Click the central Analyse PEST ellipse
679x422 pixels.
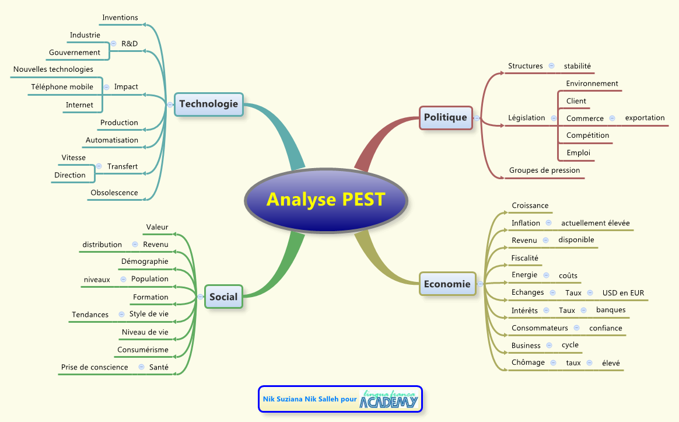[x=325, y=200]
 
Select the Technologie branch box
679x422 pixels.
[x=209, y=104]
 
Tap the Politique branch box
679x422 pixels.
[x=446, y=117]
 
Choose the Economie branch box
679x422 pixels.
[x=447, y=284]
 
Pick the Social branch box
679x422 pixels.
[x=223, y=297]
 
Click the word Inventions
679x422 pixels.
[x=120, y=18]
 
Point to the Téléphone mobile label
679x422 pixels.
[x=62, y=87]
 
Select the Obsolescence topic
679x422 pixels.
[x=114, y=193]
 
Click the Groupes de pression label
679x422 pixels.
[x=544, y=170]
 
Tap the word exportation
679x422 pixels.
[x=645, y=118]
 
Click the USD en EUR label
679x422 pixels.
[x=623, y=293]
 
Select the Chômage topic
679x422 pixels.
[x=528, y=362]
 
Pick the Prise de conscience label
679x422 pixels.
[x=94, y=367]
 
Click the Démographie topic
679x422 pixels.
[x=145, y=261]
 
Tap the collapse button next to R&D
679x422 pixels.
[x=113, y=43]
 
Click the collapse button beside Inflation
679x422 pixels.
[x=548, y=223]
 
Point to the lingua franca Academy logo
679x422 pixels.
[x=388, y=399]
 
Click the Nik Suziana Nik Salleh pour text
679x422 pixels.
[x=309, y=400]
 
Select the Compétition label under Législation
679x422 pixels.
[x=587, y=135]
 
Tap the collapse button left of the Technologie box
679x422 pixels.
[x=169, y=105]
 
